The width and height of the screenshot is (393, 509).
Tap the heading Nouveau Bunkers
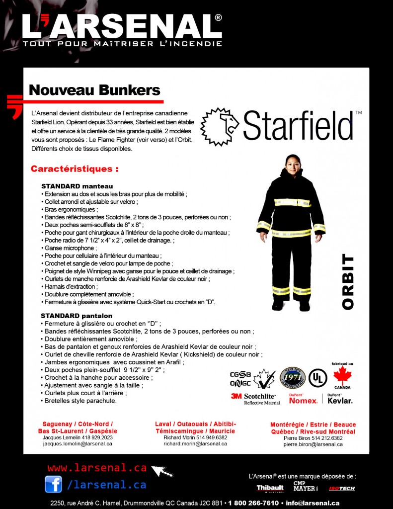94,90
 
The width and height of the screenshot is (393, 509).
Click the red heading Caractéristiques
75,169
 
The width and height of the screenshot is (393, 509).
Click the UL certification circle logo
317,378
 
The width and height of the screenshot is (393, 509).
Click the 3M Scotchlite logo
255,399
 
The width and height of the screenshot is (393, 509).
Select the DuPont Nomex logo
303,399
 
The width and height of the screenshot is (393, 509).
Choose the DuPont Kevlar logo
340,399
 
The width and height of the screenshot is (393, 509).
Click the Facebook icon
53,484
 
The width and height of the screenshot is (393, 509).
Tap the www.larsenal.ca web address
97,468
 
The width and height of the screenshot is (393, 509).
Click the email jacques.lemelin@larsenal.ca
78,444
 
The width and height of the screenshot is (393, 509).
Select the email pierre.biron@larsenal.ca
313,444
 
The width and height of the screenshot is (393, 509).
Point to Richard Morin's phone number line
195,437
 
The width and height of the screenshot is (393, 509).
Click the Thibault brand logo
270,488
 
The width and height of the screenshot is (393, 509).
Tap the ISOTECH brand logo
342,488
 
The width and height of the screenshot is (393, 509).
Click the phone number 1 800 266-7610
253,503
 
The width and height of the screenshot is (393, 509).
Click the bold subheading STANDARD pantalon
77,316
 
